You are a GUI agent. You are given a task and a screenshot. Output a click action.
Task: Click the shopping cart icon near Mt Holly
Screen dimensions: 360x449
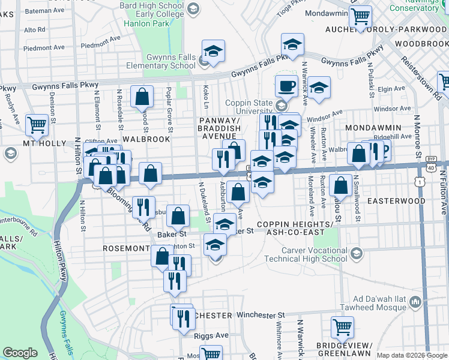[x=37, y=124]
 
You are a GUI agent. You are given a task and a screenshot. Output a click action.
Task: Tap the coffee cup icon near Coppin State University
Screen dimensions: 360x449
[x=286, y=85]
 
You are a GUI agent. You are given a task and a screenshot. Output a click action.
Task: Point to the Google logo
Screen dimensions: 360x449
[x=20, y=353]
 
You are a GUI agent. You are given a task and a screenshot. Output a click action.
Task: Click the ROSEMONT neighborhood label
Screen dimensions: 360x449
[x=125, y=248]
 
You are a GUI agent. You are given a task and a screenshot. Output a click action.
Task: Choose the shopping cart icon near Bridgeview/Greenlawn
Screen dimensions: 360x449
[x=342, y=327]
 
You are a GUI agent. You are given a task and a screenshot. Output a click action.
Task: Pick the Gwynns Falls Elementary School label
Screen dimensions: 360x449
[x=162, y=61]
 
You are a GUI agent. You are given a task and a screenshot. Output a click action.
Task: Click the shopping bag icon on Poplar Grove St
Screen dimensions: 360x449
[x=142, y=96]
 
